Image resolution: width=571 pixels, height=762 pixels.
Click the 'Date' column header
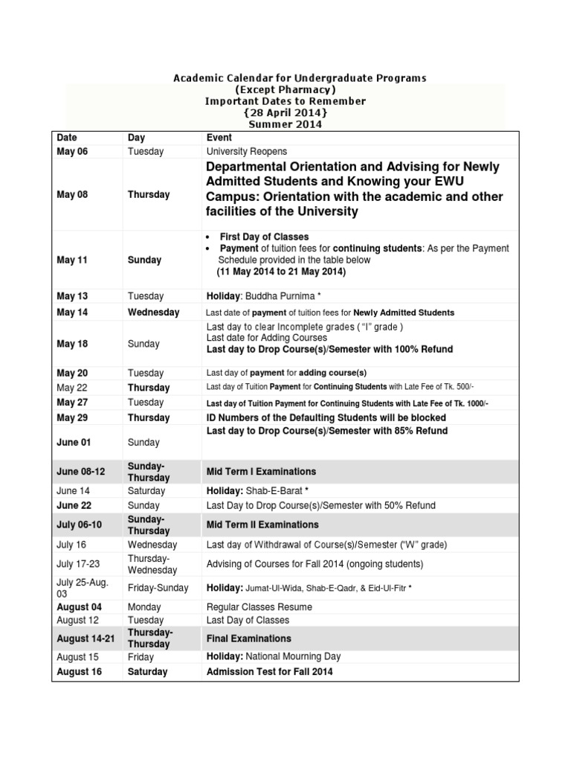(x=67, y=138)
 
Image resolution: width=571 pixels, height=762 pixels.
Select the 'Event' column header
(x=219, y=138)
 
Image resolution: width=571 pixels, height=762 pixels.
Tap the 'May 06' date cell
(x=73, y=151)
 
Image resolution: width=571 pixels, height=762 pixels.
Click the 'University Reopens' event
(x=247, y=151)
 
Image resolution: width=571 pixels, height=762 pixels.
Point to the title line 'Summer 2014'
(x=285, y=124)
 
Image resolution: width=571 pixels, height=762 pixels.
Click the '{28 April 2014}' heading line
(x=285, y=112)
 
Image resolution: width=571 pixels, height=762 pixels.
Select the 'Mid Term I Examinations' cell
(x=261, y=472)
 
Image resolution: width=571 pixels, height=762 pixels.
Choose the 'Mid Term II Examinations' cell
(x=262, y=525)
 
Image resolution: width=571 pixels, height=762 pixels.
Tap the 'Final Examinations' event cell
(x=248, y=638)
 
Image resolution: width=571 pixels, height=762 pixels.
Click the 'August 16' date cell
(x=79, y=672)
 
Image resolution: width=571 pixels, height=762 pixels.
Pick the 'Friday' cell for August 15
(x=141, y=657)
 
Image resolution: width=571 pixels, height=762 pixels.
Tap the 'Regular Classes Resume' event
(x=259, y=607)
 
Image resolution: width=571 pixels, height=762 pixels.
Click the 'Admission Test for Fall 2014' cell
(x=269, y=672)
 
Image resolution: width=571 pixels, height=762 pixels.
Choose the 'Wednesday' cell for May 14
(x=153, y=313)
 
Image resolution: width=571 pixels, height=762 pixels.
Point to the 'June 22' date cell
(x=74, y=505)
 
